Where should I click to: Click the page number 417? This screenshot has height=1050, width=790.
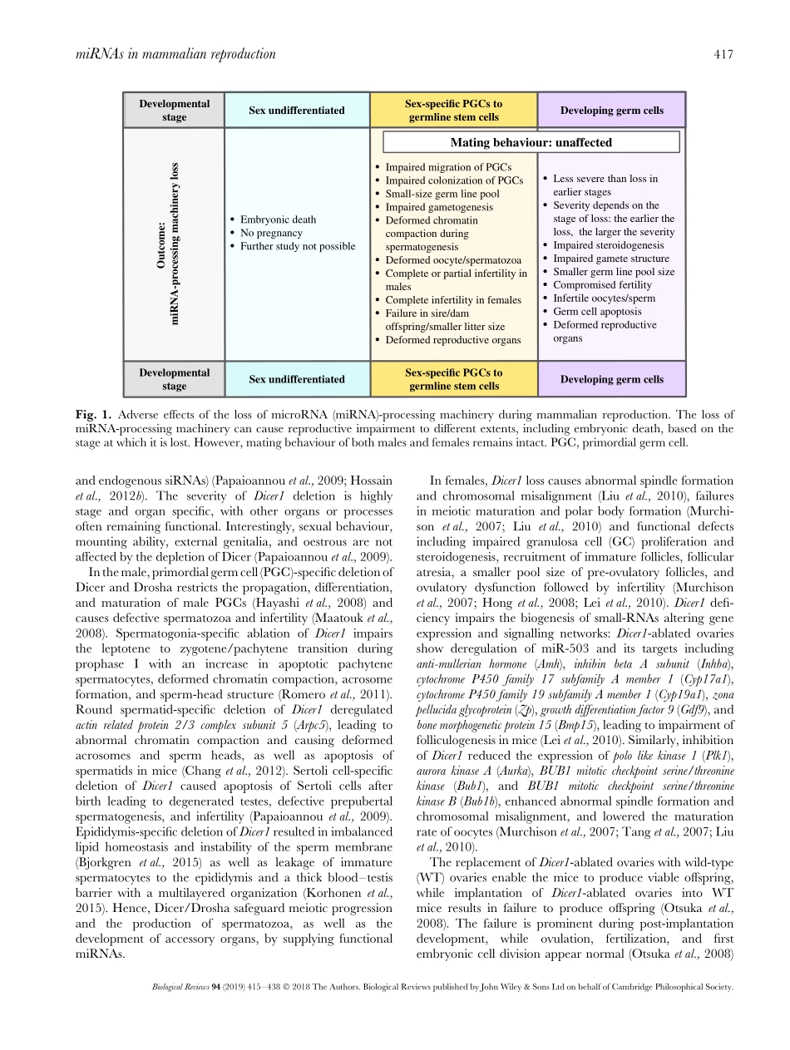tap(723, 54)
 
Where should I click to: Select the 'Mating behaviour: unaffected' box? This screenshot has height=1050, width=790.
tap(531, 142)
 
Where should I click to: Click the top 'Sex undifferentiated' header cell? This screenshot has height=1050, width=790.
tap(297, 111)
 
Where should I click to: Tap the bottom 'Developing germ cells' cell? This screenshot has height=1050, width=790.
tap(612, 379)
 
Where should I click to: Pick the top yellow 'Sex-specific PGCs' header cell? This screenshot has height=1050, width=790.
tap(453, 111)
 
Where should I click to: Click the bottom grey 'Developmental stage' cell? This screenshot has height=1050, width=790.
tap(175, 379)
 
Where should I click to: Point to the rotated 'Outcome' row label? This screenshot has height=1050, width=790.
tap(169, 244)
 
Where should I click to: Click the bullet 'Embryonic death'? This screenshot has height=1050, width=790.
tap(278, 219)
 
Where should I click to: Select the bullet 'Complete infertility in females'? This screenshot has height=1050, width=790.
tap(453, 299)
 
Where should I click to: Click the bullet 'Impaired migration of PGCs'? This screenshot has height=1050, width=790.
tap(448, 167)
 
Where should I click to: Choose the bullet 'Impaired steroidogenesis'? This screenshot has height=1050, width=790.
tap(608, 245)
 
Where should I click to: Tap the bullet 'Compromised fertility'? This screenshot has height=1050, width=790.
tap(602, 285)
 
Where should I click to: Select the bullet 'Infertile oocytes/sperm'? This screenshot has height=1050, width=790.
tap(604, 298)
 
